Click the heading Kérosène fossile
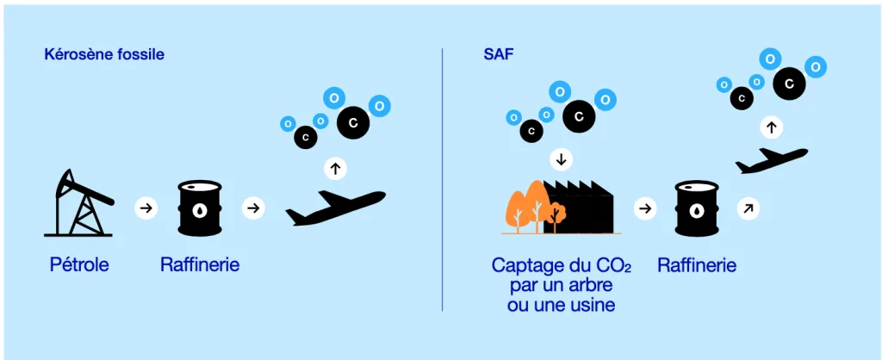[x=104, y=54]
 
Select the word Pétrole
[x=79, y=265]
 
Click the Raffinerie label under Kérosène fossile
[x=200, y=265]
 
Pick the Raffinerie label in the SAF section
[x=697, y=265]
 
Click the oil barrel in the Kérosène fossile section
[x=200, y=208]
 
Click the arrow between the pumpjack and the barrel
[x=146, y=208]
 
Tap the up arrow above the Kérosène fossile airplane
[x=335, y=168]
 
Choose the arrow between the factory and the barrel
[x=645, y=208]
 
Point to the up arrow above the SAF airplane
[x=771, y=127]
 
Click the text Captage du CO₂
[x=561, y=266]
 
